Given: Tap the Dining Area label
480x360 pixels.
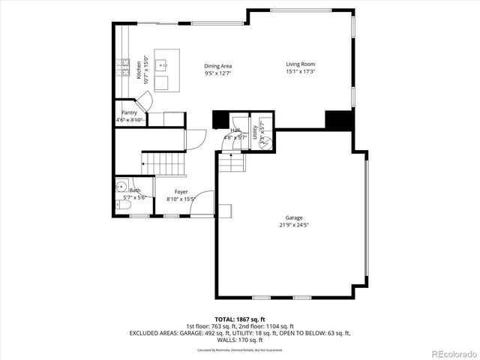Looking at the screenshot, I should pos(217,66).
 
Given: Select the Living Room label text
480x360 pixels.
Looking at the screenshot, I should pos(299,64).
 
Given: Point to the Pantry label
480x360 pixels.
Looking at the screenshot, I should pos(129,112).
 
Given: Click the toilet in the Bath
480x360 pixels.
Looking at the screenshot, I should pos(120,205).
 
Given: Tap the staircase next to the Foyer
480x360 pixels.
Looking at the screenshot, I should pos(163,162).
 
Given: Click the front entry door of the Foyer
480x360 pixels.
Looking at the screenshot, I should pos(203,206).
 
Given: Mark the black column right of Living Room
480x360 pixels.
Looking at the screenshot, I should pos(338,120).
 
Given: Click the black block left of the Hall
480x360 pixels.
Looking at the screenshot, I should pos(220,120).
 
